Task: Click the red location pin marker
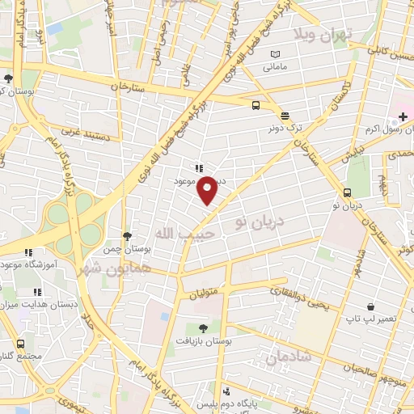(208, 190)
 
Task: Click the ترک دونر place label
(285, 128)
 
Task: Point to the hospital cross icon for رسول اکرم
(403, 116)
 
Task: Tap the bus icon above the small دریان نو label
(347, 192)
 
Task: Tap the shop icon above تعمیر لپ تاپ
(370, 307)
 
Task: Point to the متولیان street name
(205, 295)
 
